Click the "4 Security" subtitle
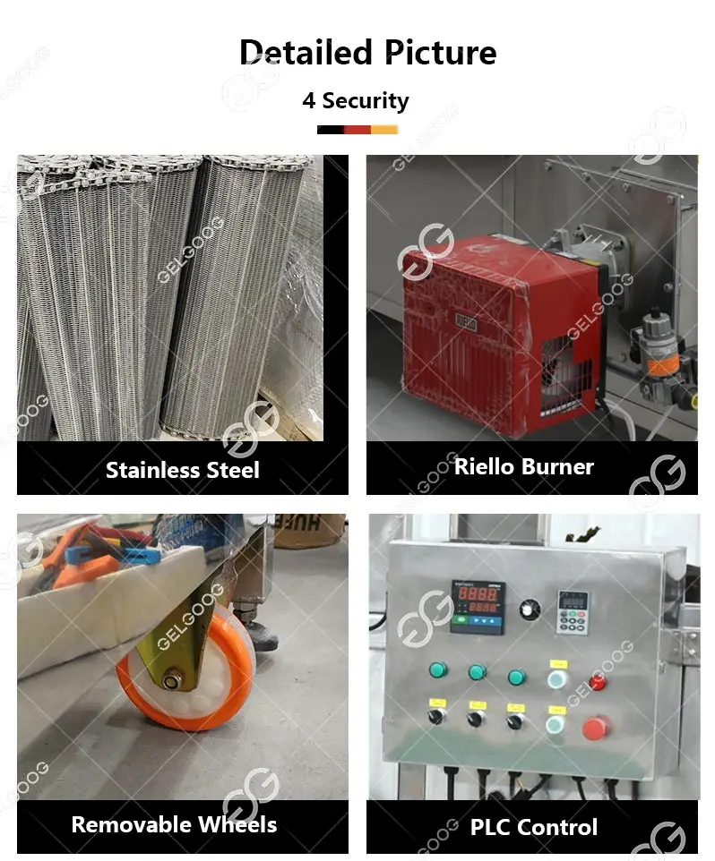[x=356, y=100]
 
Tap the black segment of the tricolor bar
[x=330, y=130]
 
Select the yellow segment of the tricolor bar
[x=384, y=130]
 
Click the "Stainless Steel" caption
[x=182, y=470]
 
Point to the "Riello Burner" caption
[x=523, y=466]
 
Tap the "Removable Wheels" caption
[x=174, y=824]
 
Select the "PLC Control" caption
[x=533, y=827]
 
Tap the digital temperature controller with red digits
[x=477, y=606]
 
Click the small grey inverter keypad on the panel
[x=571, y=611]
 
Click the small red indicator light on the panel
[x=598, y=683]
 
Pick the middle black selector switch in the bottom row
[x=476, y=717]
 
